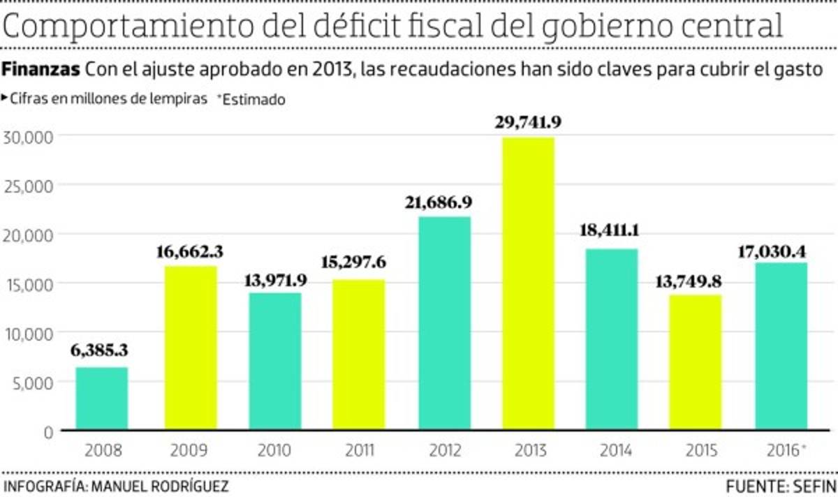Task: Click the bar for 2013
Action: [x=529, y=283]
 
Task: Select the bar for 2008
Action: [x=102, y=398]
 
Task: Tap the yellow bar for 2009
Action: [x=191, y=347]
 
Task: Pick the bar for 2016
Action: [x=781, y=346]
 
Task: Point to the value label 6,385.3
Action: [x=100, y=350]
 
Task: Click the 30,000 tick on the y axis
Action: [x=29, y=136]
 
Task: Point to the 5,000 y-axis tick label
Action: [x=32, y=383]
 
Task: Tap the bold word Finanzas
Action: [x=42, y=71]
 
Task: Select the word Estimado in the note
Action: [x=254, y=99]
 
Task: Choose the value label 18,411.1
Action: [x=612, y=231]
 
